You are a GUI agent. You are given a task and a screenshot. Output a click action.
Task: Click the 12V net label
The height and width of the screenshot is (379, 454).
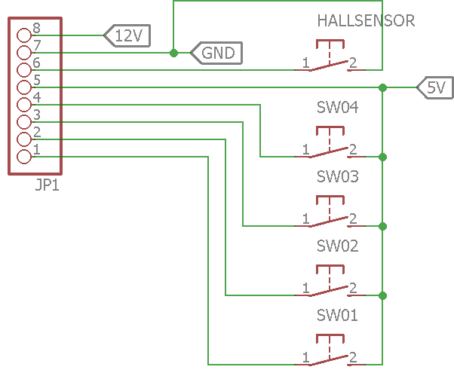coord(127,35)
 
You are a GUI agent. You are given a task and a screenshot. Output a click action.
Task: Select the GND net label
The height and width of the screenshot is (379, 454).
coord(217,53)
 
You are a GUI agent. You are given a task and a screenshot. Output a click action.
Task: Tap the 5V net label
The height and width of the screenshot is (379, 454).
coord(435,87)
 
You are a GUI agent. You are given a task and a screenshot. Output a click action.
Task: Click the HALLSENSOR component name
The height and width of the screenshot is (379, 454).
coord(366,21)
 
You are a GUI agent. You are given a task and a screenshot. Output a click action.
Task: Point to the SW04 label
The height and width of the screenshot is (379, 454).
coord(338,107)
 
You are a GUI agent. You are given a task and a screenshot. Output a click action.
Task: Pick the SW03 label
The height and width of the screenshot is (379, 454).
coord(338,176)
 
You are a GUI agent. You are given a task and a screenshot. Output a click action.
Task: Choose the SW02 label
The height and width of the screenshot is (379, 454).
coord(338,246)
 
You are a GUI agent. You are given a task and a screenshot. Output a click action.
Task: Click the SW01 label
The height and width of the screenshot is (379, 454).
coord(337,315)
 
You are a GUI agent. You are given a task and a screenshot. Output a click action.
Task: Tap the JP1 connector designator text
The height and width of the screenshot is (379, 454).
coord(47,185)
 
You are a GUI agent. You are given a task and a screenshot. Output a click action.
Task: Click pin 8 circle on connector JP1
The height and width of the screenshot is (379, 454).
coord(24,35)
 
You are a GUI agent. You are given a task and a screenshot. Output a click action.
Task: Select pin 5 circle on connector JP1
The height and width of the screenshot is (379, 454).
coord(24,87)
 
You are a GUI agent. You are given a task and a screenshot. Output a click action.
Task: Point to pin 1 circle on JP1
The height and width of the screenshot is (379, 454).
coord(24,157)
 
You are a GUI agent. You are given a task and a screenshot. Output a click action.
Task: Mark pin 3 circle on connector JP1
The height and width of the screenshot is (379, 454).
coord(24,122)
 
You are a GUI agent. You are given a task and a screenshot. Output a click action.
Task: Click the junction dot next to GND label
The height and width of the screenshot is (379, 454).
coord(173,53)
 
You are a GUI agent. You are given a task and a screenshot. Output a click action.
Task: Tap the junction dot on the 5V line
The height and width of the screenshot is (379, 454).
coord(383,87)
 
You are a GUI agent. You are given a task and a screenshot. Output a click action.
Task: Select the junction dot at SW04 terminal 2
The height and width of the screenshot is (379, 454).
coord(383,157)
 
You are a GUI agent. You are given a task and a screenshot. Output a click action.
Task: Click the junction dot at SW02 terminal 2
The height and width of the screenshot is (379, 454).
coord(383,295)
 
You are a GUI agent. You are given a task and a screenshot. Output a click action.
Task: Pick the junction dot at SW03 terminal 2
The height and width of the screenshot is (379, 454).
coord(383,226)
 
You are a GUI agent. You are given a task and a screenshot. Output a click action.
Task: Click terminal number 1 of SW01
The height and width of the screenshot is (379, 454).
coord(305,358)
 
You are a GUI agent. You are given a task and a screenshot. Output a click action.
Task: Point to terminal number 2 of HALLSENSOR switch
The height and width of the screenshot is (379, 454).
coord(353,63)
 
